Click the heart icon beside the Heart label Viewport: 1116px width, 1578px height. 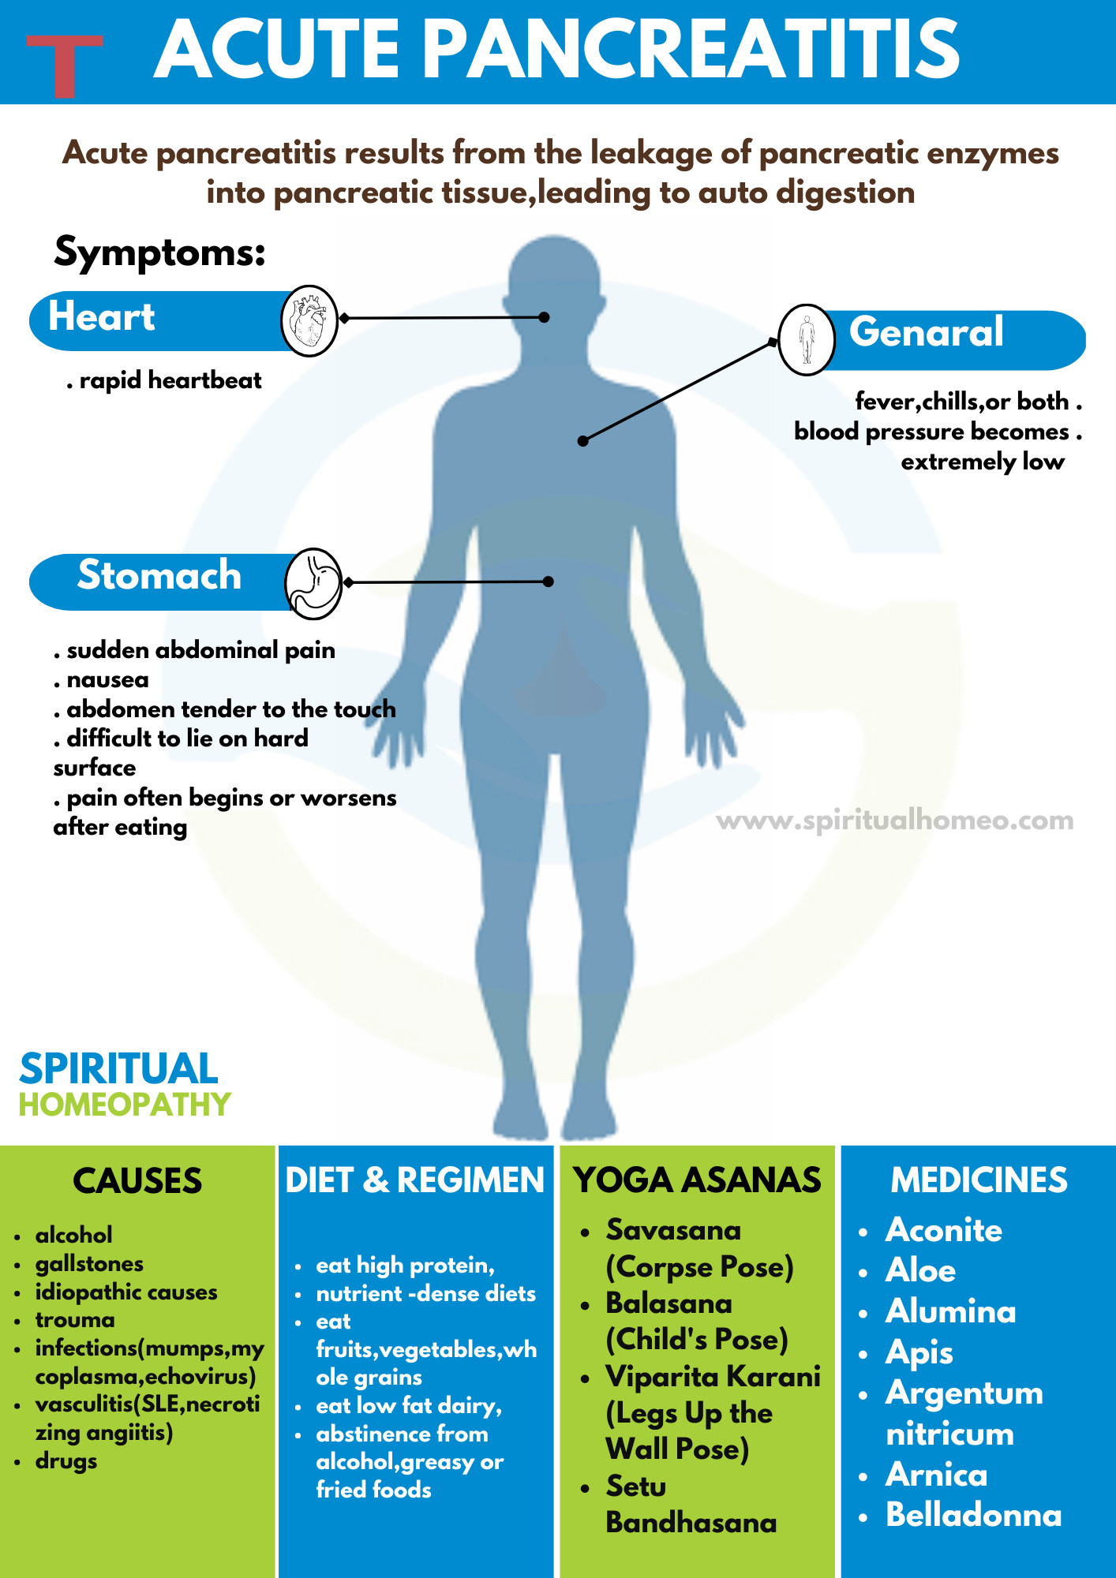coord(309,320)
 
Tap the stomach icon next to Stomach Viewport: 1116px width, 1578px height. coord(313,583)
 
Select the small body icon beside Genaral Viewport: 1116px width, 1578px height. coord(806,339)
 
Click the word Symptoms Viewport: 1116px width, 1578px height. coord(159,252)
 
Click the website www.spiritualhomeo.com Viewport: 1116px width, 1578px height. coord(894,821)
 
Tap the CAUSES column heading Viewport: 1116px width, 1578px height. coord(137,1181)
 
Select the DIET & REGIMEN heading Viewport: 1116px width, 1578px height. coord(414,1180)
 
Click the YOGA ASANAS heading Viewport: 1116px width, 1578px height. coord(697,1180)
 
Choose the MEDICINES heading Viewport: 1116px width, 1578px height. coord(979,1180)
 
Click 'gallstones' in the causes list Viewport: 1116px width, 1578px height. coord(89,1264)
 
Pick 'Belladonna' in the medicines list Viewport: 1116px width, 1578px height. coord(973,1515)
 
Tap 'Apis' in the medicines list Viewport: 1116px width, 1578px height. coord(919,1352)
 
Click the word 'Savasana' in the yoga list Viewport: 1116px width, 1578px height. coord(673,1230)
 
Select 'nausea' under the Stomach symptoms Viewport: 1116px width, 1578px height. coord(107,679)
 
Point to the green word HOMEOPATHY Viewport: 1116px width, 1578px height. coord(125,1105)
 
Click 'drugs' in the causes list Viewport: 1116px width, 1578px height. coord(66,1461)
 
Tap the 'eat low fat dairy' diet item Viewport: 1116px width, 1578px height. coord(408,1405)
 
